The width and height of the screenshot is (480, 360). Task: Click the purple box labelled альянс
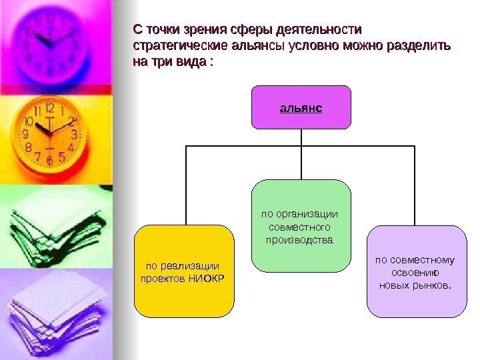coord(301,107)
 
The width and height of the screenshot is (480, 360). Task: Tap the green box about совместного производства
coord(301,226)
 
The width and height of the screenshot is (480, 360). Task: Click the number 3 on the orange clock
coord(73,134)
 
